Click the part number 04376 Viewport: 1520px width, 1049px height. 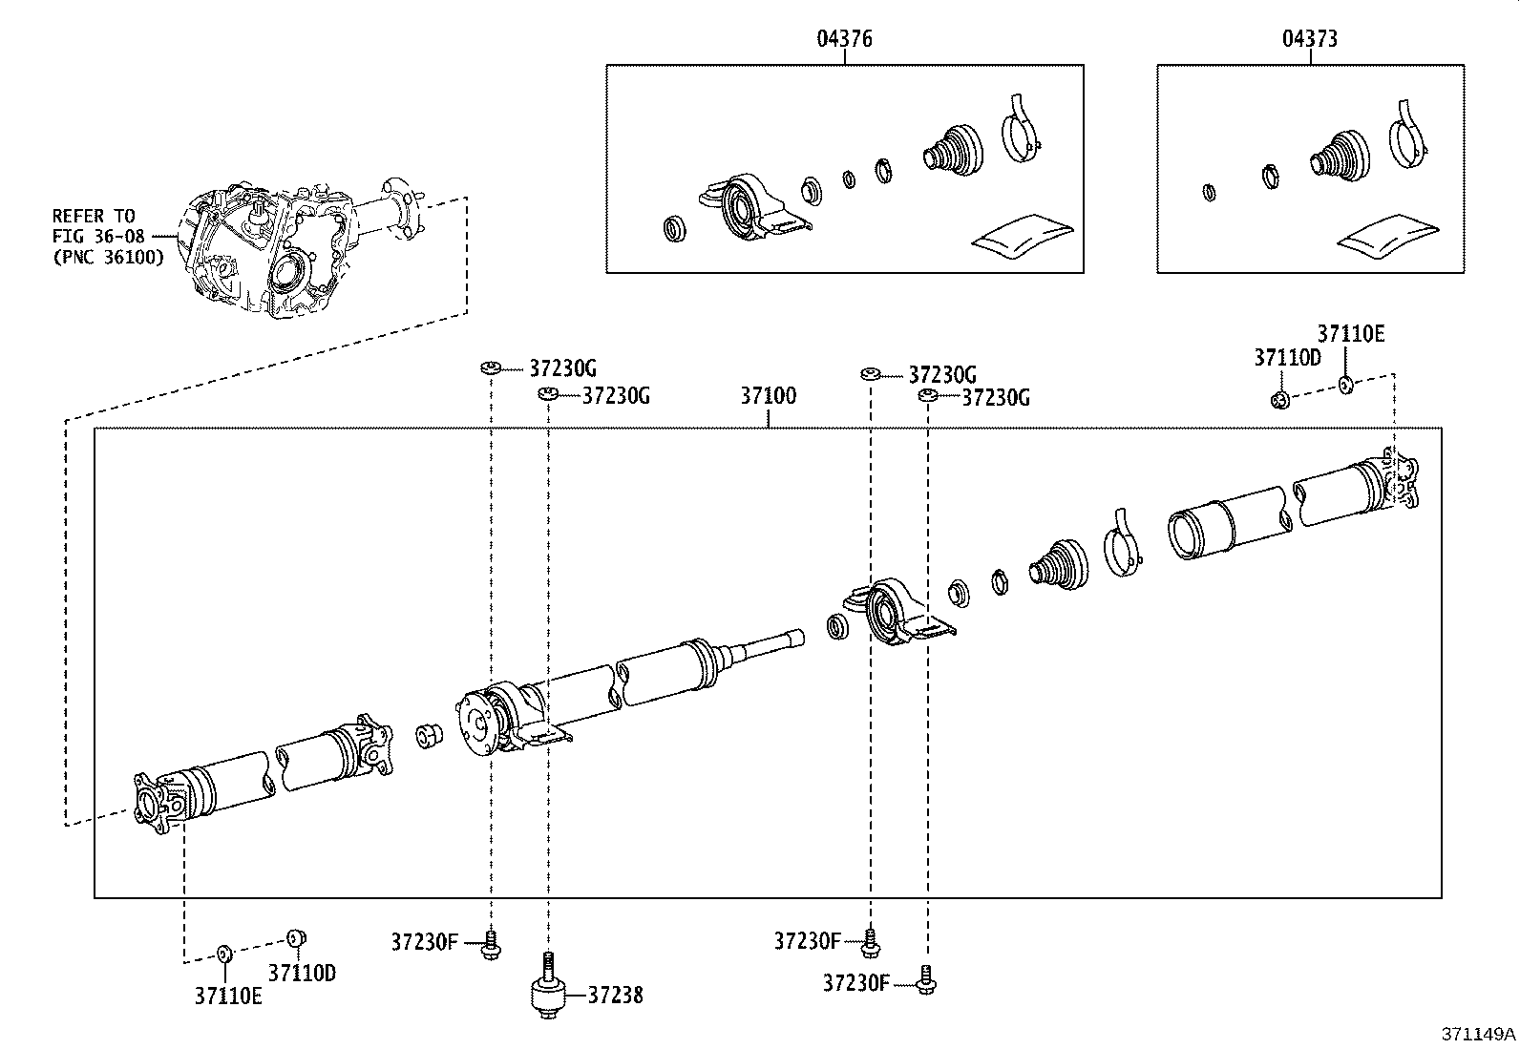click(844, 39)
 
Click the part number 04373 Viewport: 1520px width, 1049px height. click(1310, 39)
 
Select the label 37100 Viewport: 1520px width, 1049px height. click(769, 395)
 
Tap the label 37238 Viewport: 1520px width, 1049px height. click(615, 996)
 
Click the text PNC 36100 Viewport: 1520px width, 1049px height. click(108, 257)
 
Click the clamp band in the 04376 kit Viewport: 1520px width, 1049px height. click(1022, 129)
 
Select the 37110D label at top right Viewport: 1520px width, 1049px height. click(1287, 358)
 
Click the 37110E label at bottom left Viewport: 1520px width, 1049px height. click(228, 996)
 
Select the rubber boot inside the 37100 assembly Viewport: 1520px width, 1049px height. click(1058, 564)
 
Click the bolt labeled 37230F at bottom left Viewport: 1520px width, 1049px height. click(492, 945)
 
